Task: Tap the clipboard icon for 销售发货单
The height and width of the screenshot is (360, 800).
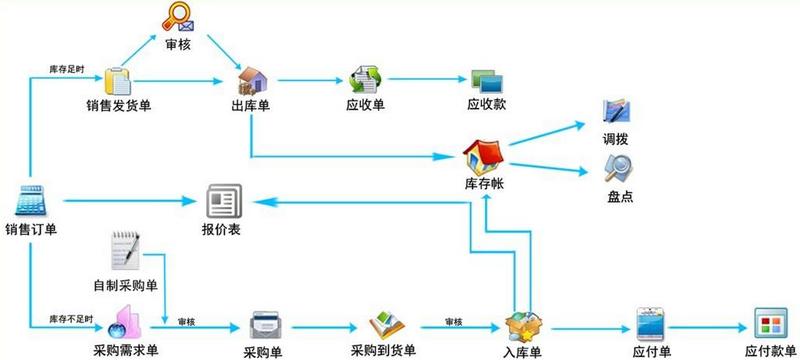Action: (118, 80)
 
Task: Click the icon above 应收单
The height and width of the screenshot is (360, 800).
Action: (364, 80)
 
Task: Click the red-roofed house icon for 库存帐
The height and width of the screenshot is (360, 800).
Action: (484, 156)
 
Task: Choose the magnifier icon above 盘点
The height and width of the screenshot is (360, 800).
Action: (619, 168)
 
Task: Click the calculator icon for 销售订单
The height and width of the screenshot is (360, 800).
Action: (30, 201)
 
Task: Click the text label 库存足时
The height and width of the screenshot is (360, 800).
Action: (67, 69)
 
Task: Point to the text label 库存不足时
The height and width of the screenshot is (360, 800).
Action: (71, 320)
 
